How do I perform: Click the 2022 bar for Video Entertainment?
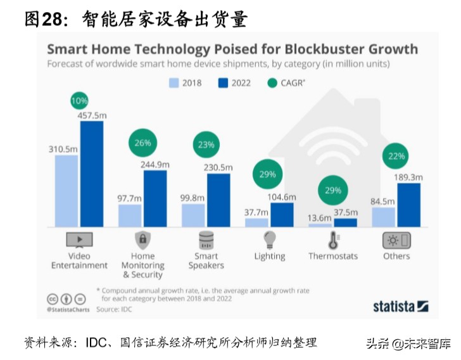(91, 174)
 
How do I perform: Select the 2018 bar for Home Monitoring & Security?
(130, 215)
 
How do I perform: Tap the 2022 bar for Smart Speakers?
(218, 200)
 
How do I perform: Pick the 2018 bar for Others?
(383, 217)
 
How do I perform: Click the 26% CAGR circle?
(142, 143)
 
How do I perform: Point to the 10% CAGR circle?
(80, 101)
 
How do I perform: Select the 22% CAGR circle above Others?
(396, 157)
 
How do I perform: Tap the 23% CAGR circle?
(206, 145)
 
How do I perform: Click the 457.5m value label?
(92, 115)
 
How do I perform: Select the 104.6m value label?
(282, 197)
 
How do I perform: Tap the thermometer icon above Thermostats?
(332, 241)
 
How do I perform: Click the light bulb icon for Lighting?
(270, 240)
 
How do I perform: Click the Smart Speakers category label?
(206, 260)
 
